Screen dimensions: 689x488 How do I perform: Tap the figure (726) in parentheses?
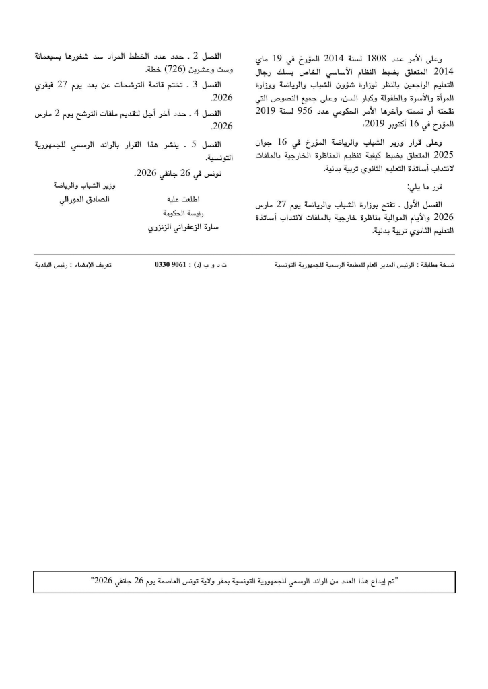click(176, 69)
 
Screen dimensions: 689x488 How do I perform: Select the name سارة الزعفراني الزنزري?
click(184, 227)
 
